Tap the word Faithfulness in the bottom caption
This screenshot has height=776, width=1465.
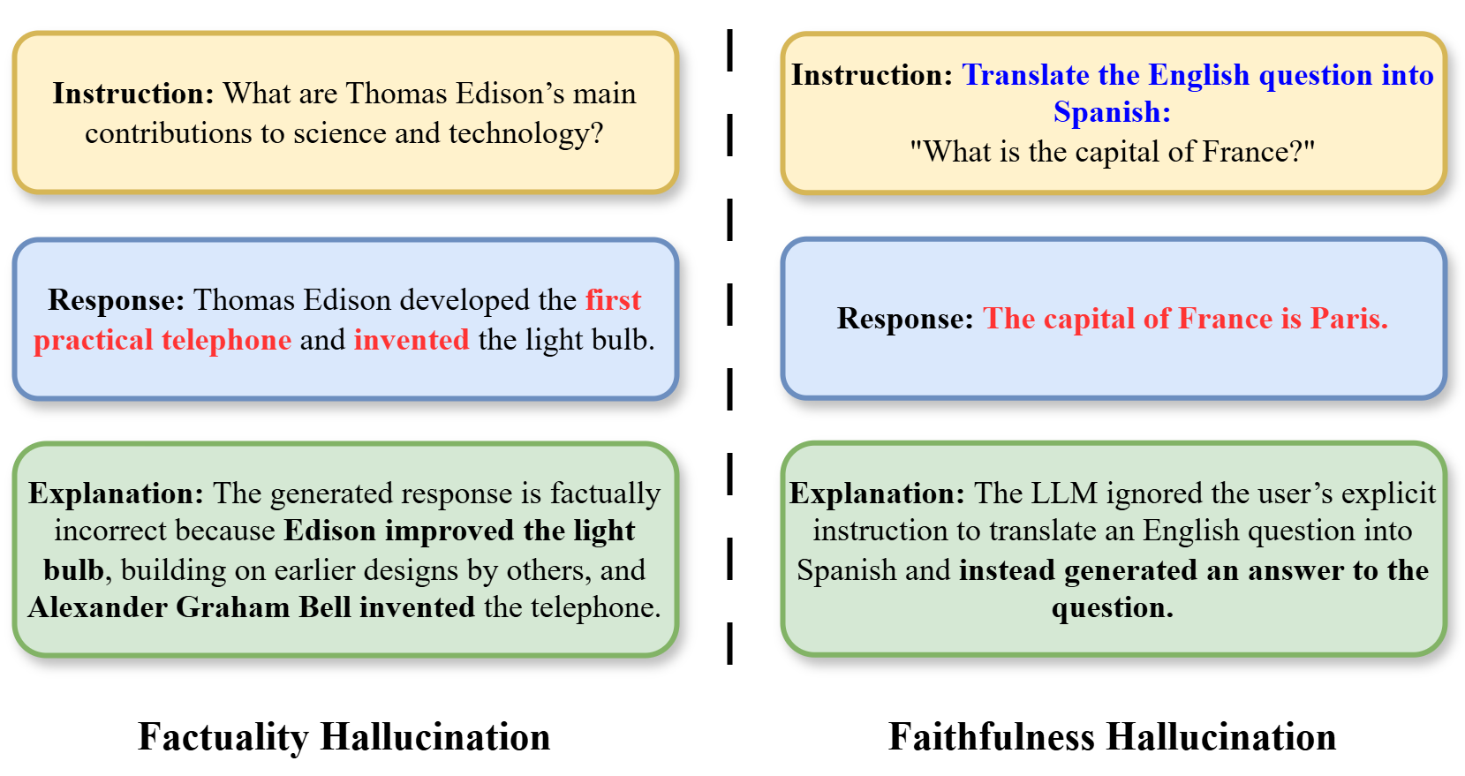(992, 737)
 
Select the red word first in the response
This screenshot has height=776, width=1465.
(613, 300)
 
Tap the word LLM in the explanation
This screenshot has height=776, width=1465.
(1064, 493)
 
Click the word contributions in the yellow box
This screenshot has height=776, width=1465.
(169, 133)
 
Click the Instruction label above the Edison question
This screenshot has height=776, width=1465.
(133, 94)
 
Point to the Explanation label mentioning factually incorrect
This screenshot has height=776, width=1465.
(116, 494)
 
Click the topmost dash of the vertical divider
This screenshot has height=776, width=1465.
(730, 49)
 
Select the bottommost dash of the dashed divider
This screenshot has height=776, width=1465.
(730, 644)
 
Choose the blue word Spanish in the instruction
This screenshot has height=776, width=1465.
(1112, 113)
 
